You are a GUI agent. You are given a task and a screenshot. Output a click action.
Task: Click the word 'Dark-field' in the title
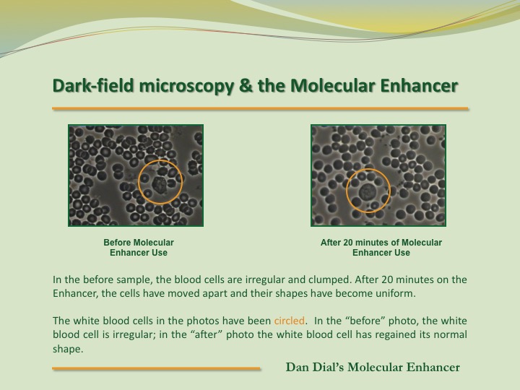click(93, 85)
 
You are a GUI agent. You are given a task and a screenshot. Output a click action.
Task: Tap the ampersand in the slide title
click(245, 85)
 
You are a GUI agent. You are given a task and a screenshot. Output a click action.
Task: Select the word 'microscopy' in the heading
click(186, 87)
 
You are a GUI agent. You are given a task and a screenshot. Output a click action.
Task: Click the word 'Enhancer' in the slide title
click(419, 85)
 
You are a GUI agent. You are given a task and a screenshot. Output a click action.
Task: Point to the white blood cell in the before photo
click(160, 185)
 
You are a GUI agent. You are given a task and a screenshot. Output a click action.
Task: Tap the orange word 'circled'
click(289, 321)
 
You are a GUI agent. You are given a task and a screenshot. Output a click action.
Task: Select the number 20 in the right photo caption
click(348, 243)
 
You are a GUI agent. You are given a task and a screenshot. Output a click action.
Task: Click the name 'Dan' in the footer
click(297, 367)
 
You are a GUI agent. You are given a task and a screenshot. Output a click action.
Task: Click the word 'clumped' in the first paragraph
click(329, 280)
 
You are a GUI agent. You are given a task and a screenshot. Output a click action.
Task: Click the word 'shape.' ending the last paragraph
click(68, 350)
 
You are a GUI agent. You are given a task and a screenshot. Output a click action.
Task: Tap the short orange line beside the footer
click(156, 368)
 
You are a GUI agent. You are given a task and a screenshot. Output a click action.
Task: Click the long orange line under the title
click(260, 108)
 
